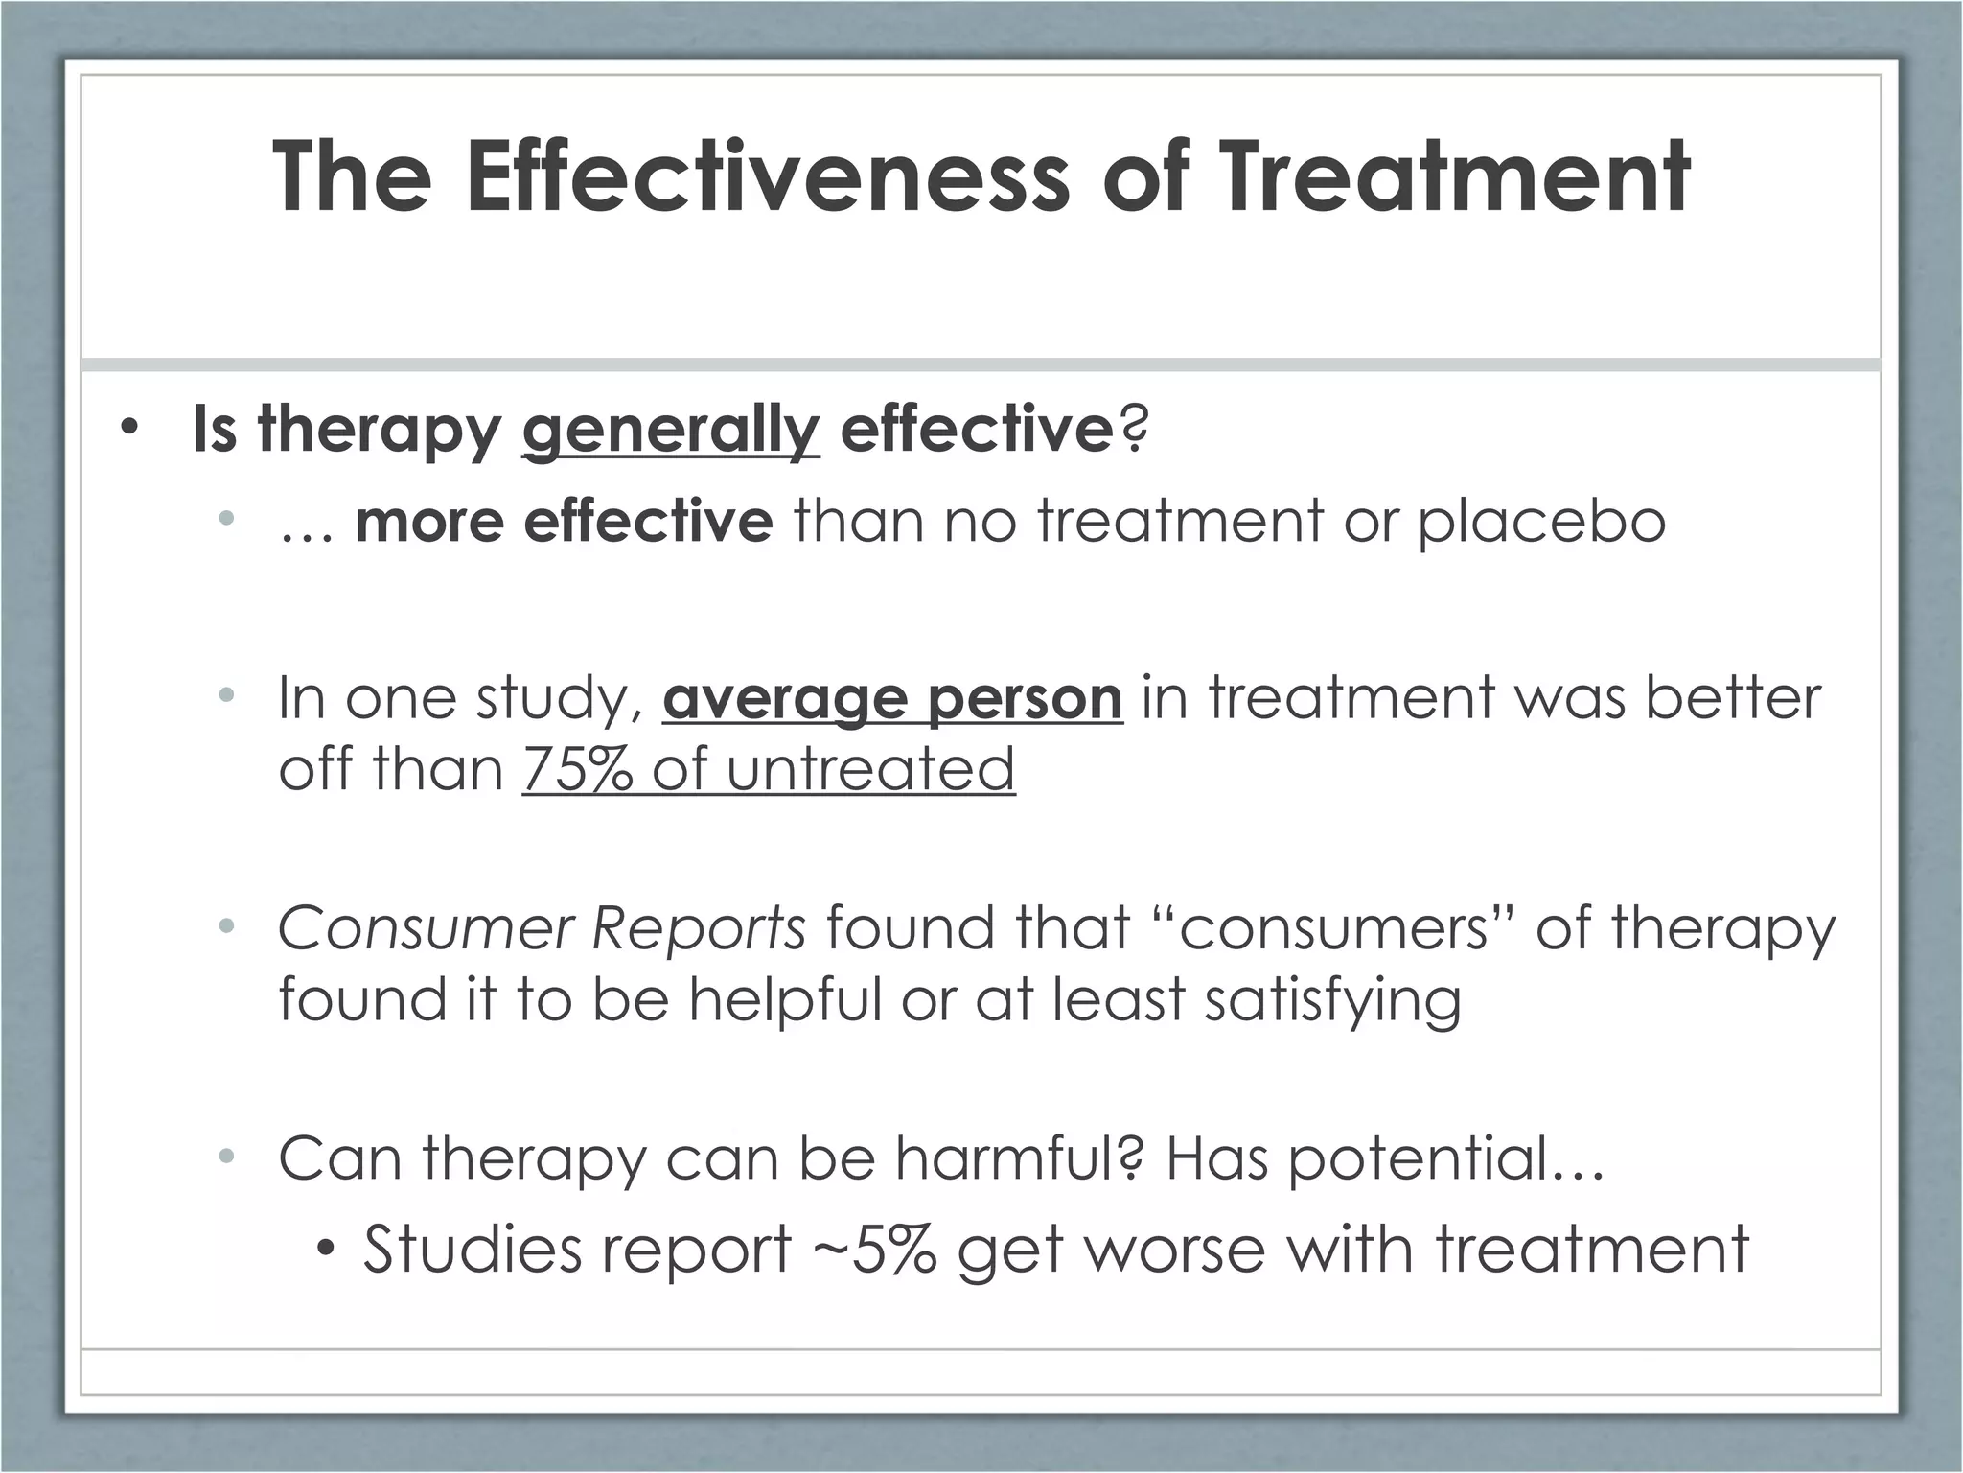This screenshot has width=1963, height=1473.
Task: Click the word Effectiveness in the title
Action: tap(767, 177)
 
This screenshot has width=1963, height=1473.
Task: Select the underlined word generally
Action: tap(670, 431)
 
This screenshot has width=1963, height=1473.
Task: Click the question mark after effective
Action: tap(1132, 429)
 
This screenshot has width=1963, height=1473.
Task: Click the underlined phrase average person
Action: tap(891, 698)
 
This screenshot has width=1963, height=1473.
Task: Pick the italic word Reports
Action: tap(699, 928)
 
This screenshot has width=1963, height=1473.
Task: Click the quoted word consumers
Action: tap(1333, 928)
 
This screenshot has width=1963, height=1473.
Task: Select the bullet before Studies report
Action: tap(327, 1249)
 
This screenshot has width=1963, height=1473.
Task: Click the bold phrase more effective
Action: tap(563, 523)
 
